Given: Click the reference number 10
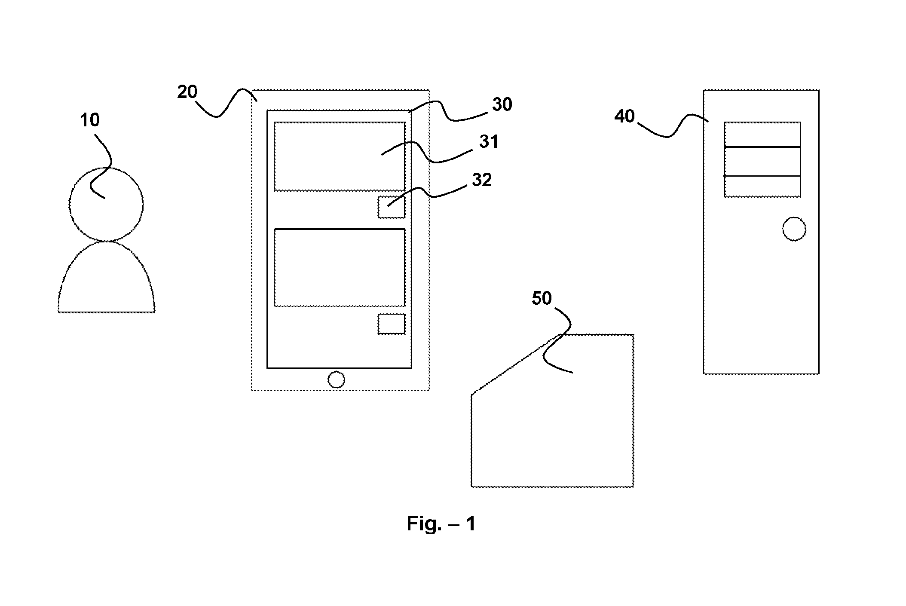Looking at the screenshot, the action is pos(90,120).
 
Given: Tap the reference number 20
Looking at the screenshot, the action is pos(187,92).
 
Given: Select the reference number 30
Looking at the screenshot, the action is pos(502,104).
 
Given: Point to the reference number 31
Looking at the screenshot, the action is pos(489,141).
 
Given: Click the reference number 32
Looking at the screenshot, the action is pos(482,180).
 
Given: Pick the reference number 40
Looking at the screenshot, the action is pos(624,116).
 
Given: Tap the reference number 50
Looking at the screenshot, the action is pos(542,298).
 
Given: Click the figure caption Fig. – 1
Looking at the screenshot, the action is pos(441,523).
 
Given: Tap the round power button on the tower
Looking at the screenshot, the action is pos(794,217).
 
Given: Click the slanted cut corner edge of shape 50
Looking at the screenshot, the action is pos(515,364).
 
